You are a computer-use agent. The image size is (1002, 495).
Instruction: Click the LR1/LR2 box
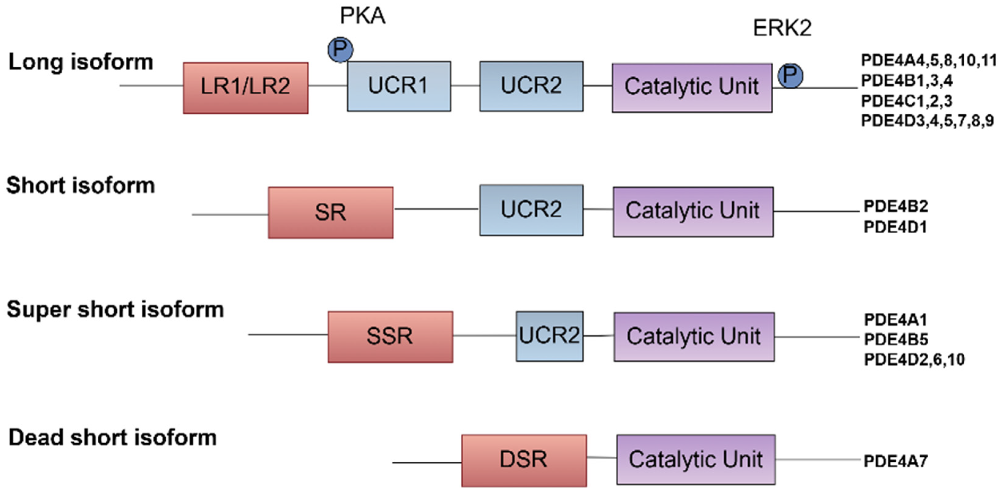coord(246,88)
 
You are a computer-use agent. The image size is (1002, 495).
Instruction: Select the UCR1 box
coord(399,86)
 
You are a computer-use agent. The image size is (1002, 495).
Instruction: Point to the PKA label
coord(362,16)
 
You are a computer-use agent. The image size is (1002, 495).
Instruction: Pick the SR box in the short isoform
coord(330,212)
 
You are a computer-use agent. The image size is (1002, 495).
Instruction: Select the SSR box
coord(390,337)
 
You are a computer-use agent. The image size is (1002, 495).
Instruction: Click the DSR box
coord(524,460)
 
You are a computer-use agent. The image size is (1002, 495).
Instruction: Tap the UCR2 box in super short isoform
coord(549,336)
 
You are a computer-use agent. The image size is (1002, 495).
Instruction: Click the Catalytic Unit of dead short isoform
coord(696,459)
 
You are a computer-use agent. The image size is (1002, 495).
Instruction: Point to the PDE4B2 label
coord(895,206)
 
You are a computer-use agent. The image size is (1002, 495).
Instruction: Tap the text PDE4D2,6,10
coord(914,360)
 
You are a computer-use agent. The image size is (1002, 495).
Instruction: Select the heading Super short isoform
coord(115,310)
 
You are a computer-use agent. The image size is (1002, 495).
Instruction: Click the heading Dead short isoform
coord(112,438)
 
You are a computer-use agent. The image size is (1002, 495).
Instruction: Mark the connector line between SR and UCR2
coord(436,209)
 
